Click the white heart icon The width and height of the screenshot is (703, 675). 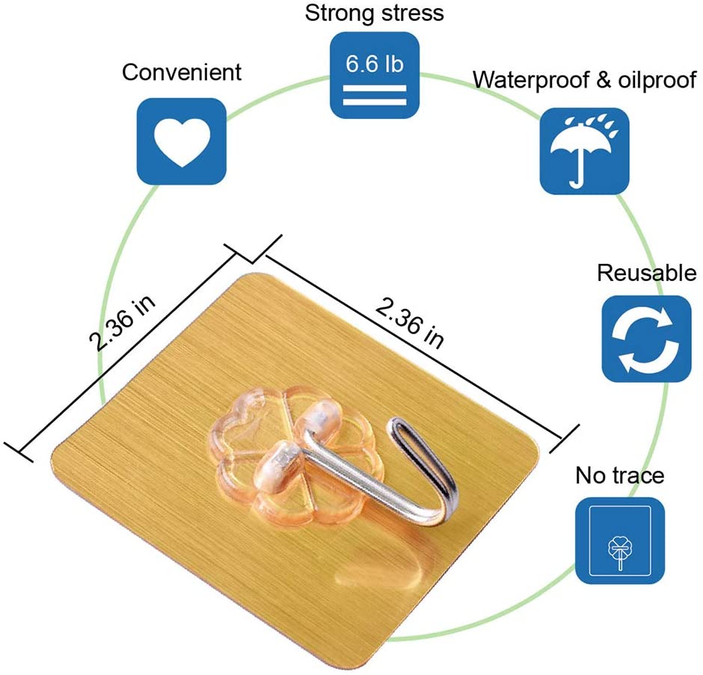click(x=182, y=141)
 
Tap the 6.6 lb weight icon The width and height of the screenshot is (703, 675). click(x=374, y=75)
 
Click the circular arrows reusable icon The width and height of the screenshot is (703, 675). click(x=646, y=339)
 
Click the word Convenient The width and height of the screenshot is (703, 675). click(x=182, y=73)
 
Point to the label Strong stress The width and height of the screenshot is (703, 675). click(x=375, y=13)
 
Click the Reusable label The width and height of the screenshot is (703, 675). click(x=646, y=273)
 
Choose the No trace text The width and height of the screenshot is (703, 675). click(x=619, y=475)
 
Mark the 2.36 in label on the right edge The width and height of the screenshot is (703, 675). click(x=411, y=321)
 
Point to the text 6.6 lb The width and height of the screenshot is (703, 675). click(x=374, y=63)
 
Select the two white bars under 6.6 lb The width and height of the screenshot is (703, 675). click(x=374, y=93)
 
